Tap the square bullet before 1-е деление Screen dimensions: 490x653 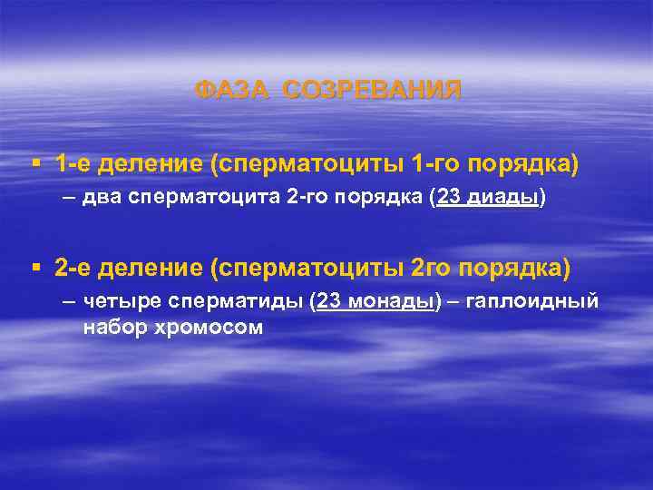35,164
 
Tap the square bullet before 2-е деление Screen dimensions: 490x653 35,268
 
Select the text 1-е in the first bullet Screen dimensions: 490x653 73,165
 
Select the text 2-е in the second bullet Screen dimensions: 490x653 73,269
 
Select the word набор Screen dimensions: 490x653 112,327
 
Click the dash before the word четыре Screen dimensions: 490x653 69,303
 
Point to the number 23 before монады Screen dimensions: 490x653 328,303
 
